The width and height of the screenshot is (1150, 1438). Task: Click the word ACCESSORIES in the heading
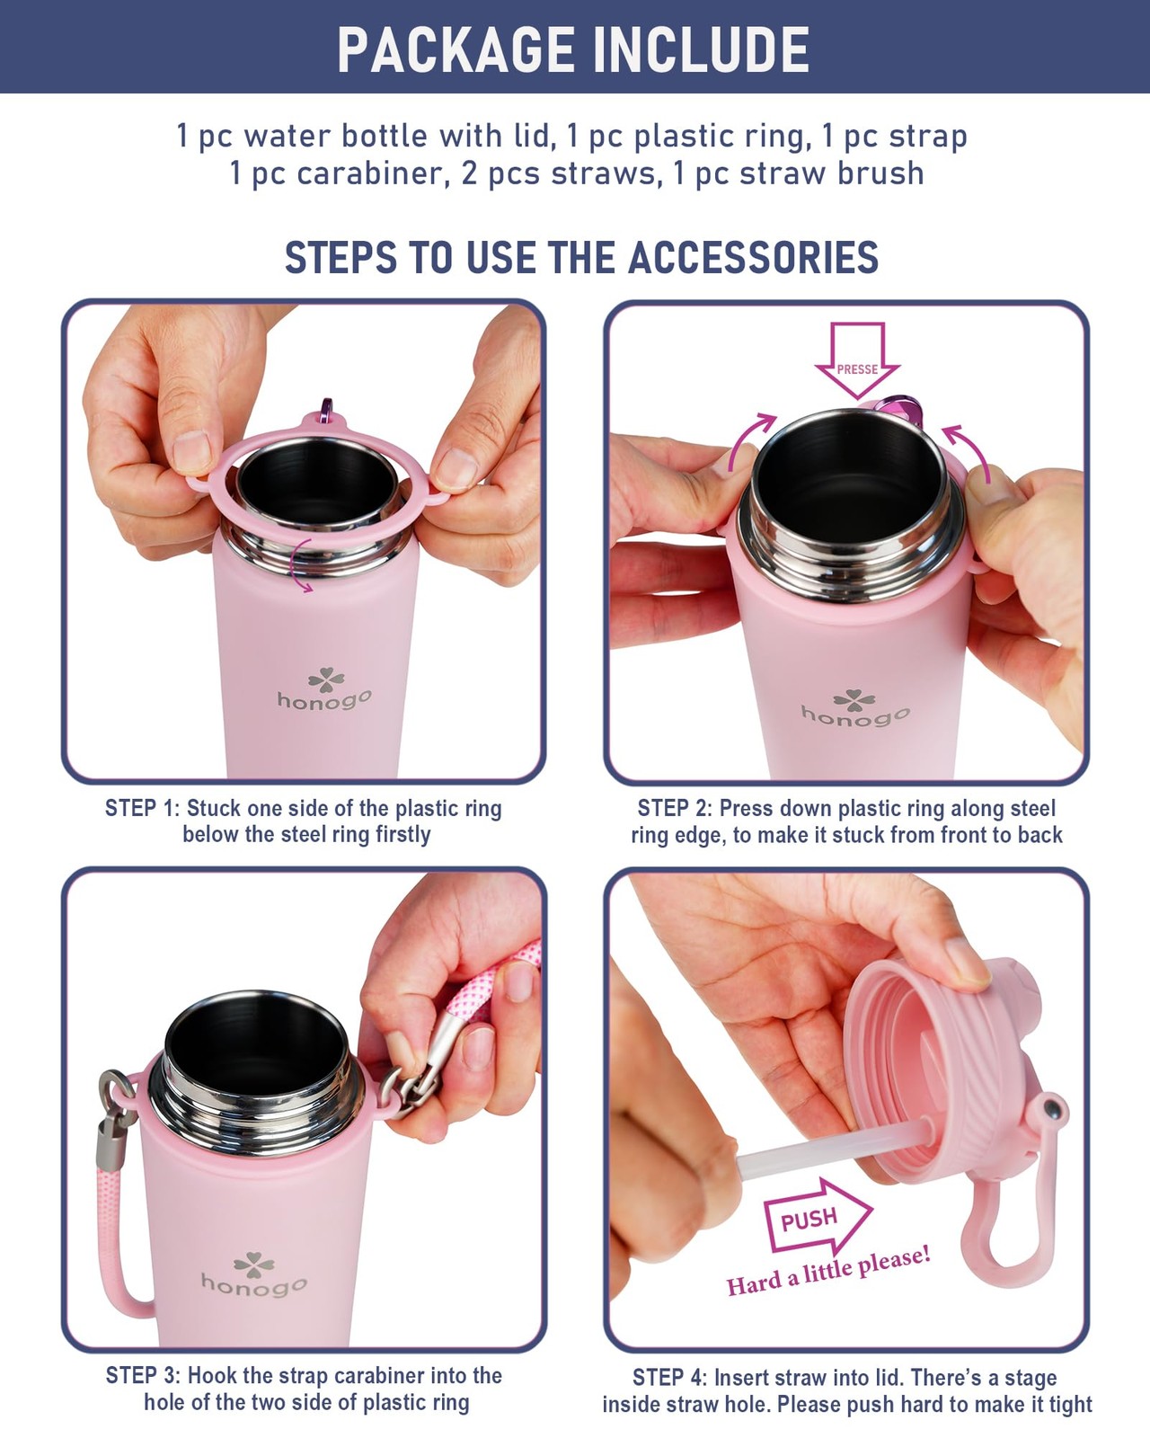[753, 257]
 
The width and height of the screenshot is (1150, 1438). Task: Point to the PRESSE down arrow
[857, 360]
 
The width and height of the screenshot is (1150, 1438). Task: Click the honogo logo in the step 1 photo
[325, 689]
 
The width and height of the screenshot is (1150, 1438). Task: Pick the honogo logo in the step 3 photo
[254, 1276]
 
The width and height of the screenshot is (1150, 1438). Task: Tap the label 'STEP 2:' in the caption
[675, 809]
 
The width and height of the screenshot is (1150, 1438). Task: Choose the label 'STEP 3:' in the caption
[143, 1376]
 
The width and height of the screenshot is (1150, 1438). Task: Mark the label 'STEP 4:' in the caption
[670, 1378]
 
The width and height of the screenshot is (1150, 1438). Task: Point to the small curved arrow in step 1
[302, 564]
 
